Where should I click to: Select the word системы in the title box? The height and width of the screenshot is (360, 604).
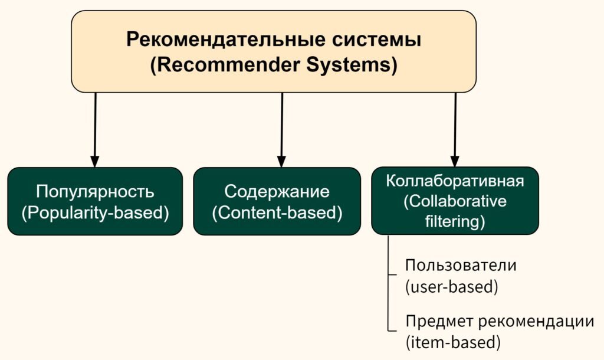click(x=377, y=40)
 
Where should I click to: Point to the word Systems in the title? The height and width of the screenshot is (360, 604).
click(x=352, y=64)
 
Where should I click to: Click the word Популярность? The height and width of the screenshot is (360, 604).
click(x=95, y=192)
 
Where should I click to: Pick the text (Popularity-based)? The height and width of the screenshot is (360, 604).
click(x=95, y=213)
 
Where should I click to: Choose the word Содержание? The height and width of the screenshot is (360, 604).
click(x=277, y=192)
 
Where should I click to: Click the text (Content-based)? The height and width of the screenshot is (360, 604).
click(x=277, y=213)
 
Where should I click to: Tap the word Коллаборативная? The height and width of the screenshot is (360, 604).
click(x=455, y=181)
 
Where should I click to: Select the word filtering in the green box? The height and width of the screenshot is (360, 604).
click(x=455, y=222)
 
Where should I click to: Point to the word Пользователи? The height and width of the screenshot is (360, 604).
click(x=461, y=266)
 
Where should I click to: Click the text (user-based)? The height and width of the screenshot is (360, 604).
click(x=451, y=287)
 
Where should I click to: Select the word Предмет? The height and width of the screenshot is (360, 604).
click(x=439, y=322)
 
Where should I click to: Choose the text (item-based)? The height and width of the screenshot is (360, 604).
click(x=452, y=342)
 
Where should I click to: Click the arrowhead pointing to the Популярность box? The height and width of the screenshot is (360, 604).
click(x=95, y=162)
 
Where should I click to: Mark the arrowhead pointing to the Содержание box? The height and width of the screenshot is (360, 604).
click(x=281, y=162)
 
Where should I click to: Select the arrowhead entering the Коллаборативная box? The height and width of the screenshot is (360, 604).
click(x=455, y=162)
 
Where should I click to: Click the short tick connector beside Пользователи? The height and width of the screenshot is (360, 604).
click(x=392, y=275)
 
